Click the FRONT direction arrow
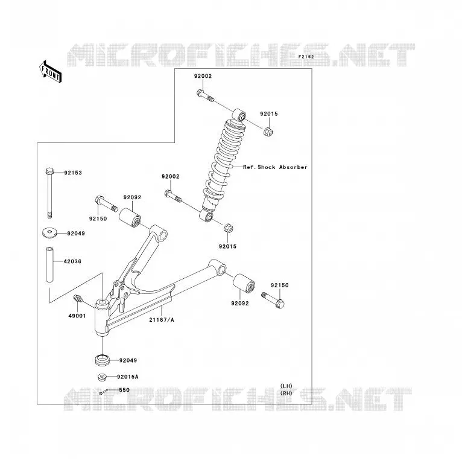pyautogui.click(x=50, y=71)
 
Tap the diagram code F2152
pyautogui.click(x=306, y=57)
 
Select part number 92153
pyautogui.click(x=73, y=173)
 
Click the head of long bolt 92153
pyautogui.click(x=49, y=171)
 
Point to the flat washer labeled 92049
pyautogui.click(x=49, y=233)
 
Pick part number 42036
pyautogui.click(x=72, y=261)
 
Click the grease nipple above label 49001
pyautogui.click(x=78, y=299)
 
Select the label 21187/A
pyautogui.click(x=162, y=320)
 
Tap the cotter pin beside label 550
pyautogui.click(x=104, y=392)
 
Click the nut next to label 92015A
pyautogui.click(x=102, y=377)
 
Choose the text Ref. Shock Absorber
pyautogui.click(x=275, y=167)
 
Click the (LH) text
pyautogui.click(x=286, y=386)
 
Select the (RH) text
pyautogui.click(x=286, y=393)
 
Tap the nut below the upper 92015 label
pyautogui.click(x=268, y=132)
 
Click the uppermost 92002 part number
pyautogui.click(x=203, y=76)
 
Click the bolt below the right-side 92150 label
pyautogui.click(x=273, y=300)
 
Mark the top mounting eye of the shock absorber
pyautogui.click(x=239, y=115)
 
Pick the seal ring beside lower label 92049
pyautogui.click(x=103, y=360)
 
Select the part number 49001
pyautogui.click(x=77, y=316)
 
